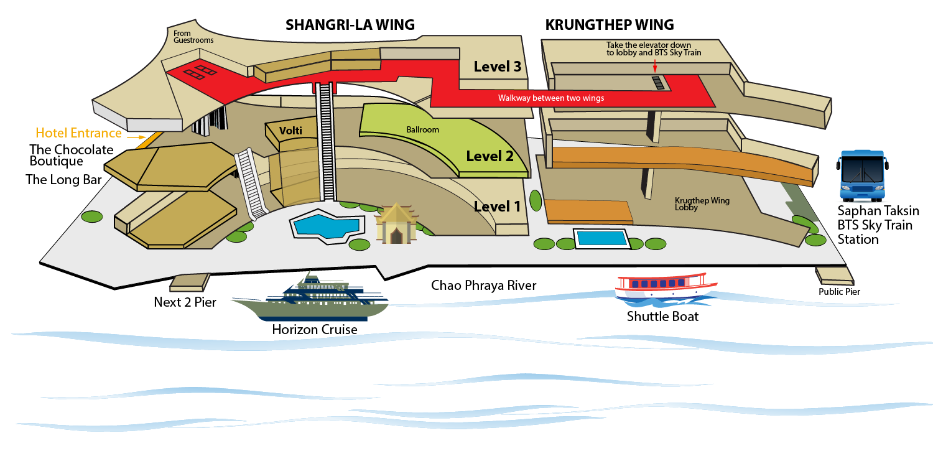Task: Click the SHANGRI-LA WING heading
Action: pyautogui.click(x=350, y=25)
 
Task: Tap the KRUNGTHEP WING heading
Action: pyautogui.click(x=610, y=25)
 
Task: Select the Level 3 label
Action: pyautogui.click(x=497, y=67)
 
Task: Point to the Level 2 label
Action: pyautogui.click(x=490, y=156)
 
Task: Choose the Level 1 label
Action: pyautogui.click(x=497, y=206)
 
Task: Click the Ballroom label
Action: pyautogui.click(x=423, y=130)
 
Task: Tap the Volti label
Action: pyautogui.click(x=290, y=131)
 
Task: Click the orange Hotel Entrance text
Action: pyautogui.click(x=78, y=133)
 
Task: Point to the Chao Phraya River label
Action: pyautogui.click(x=483, y=286)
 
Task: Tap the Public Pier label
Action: pyautogui.click(x=839, y=291)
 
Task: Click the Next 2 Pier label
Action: pyautogui.click(x=185, y=302)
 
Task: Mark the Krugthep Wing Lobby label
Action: pyautogui.click(x=702, y=204)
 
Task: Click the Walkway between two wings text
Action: pyautogui.click(x=550, y=98)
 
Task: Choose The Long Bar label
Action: pyautogui.click(x=63, y=180)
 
